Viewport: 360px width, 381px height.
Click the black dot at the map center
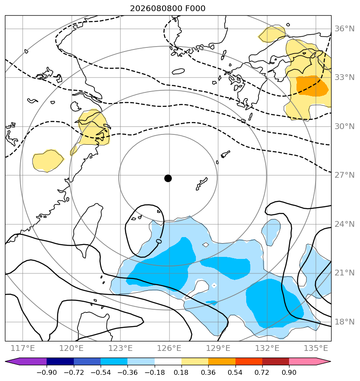tap(168, 179)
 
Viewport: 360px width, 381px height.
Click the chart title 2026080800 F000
tap(168, 9)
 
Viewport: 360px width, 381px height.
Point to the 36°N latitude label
tap(344, 29)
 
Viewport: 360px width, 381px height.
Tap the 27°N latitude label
tap(344, 175)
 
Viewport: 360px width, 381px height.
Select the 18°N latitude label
tap(344, 322)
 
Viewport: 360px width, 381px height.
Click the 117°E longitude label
tap(23, 348)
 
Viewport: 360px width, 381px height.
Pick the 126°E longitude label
tap(169, 348)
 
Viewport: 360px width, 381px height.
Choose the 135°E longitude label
tap(316, 348)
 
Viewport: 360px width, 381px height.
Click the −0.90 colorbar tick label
tap(47, 372)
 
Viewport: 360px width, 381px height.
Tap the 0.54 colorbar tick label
tap(235, 372)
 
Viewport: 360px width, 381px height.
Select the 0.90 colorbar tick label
tap(289, 372)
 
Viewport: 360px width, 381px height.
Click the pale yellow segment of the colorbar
tap(195, 361)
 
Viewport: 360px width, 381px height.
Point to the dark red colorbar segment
tap(275, 361)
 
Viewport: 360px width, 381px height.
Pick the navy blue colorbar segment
tap(60, 361)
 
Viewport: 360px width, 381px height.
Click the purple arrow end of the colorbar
tap(26, 361)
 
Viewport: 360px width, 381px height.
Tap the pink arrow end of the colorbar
tap(310, 361)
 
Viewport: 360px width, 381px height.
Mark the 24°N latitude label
tap(344, 224)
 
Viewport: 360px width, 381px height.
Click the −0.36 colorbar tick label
tap(127, 372)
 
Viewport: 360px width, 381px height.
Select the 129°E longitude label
tap(218, 348)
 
